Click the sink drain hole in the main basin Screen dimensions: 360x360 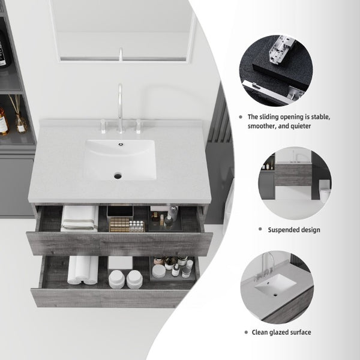pyautogui.click(x=118, y=176)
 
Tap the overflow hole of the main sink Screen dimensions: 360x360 pyautogui.click(x=121, y=145)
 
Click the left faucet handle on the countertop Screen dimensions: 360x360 pyautogui.click(x=103, y=126)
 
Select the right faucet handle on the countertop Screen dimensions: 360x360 pyautogui.click(x=138, y=126)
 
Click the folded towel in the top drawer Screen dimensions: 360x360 pyautogui.click(x=79, y=218)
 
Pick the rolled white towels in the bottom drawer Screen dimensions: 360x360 pyautogui.click(x=83, y=270)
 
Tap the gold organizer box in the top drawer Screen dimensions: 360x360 pyautogui.click(x=119, y=224)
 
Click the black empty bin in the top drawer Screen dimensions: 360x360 pyautogui.click(x=120, y=211)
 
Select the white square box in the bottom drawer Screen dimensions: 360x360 pyautogui.click(x=121, y=262)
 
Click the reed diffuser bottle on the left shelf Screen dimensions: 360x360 pyautogui.click(x=21, y=122)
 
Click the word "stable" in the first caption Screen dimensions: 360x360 pyautogui.click(x=320, y=117)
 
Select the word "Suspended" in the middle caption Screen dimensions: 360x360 pyautogui.click(x=283, y=230)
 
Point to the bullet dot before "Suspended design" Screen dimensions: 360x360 pyautogui.click(x=260, y=229)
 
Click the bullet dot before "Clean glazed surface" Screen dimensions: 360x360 pyautogui.click(x=247, y=332)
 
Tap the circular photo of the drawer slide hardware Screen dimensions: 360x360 pyautogui.click(x=276, y=70)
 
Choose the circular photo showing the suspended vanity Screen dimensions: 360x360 pyautogui.click(x=295, y=183)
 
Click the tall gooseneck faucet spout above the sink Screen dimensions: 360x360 pyautogui.click(x=120, y=108)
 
